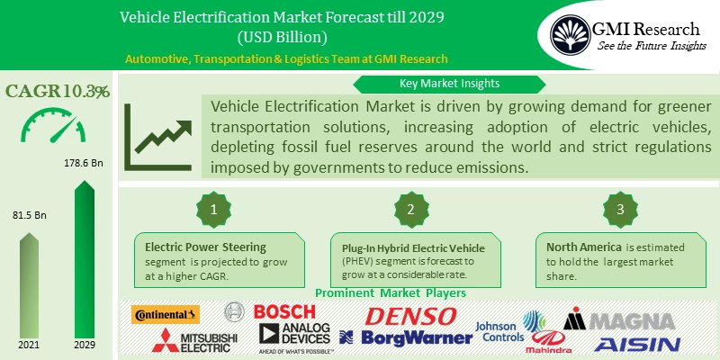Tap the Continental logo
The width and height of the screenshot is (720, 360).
166,314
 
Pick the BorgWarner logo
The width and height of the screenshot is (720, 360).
407,337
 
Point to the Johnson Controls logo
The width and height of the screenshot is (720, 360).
500,331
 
